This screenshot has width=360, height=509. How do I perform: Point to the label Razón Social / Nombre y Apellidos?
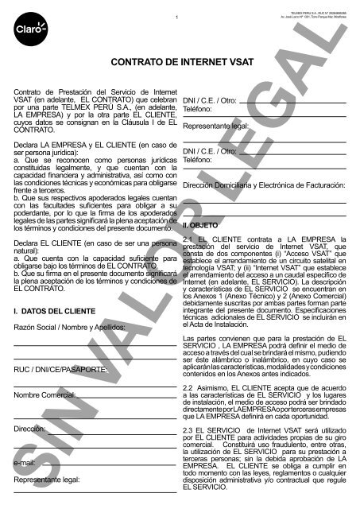(70, 327)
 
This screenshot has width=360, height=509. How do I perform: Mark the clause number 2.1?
(189, 218)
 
